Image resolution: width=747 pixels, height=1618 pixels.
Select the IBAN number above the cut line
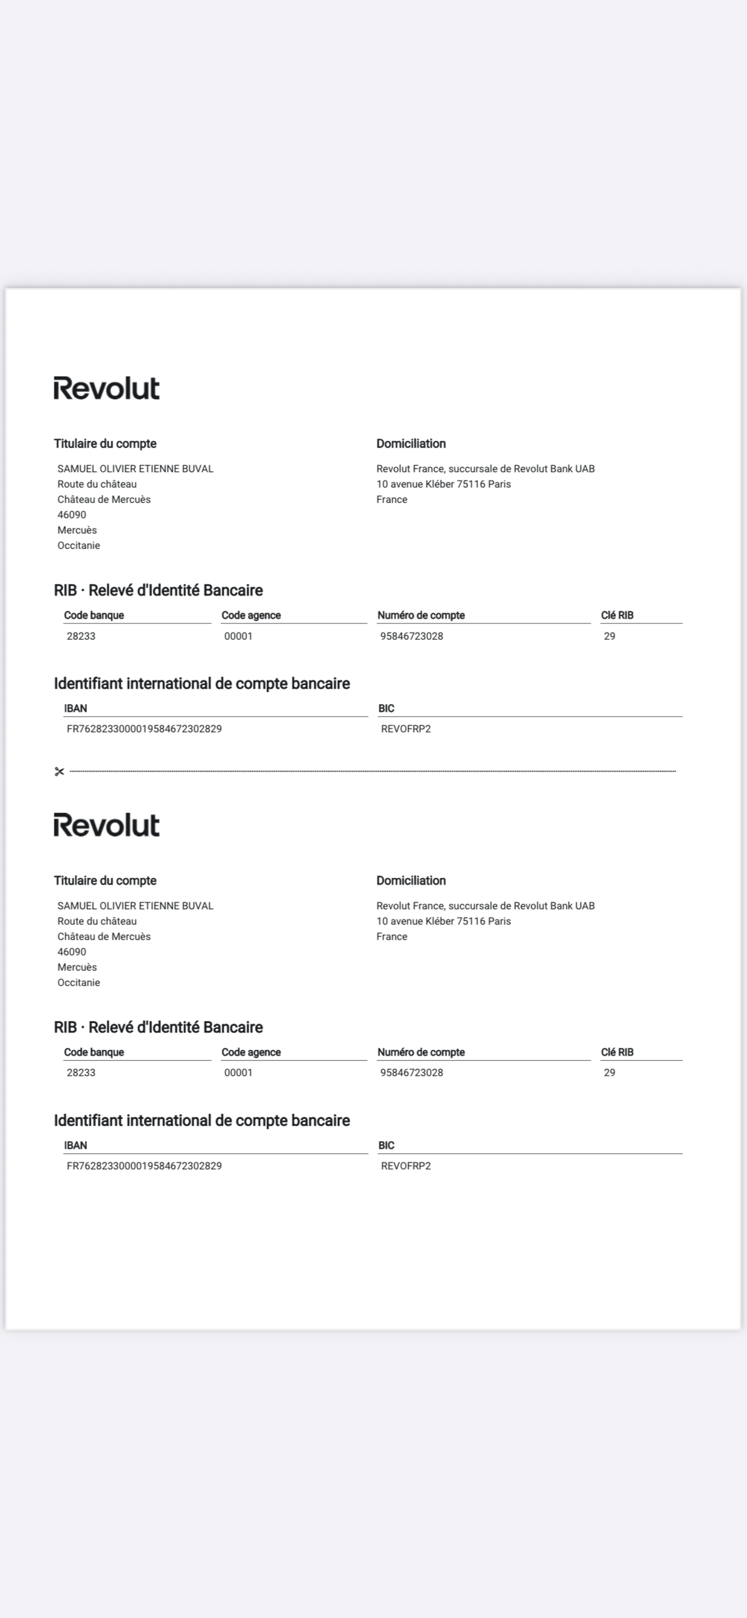coord(144,729)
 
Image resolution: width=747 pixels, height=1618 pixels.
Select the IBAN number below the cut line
coord(144,1166)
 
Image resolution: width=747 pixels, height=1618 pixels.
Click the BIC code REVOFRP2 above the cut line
coord(406,729)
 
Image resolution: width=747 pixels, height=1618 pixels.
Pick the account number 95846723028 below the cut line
coord(411,1072)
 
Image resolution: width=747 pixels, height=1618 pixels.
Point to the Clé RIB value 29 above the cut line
coord(609,636)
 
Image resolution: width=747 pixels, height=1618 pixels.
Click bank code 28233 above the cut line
coord(81,636)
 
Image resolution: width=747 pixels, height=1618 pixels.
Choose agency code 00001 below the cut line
coord(238,1072)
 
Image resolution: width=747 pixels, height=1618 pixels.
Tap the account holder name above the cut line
coord(135,468)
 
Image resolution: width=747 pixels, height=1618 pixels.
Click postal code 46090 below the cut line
coord(72,951)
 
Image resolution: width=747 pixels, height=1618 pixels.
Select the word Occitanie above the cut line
coord(78,545)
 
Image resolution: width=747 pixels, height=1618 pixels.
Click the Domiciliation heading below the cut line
coord(410,881)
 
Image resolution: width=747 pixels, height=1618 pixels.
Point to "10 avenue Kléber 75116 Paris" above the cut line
coord(443,484)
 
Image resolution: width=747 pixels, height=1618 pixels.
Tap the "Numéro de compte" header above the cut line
coord(421,615)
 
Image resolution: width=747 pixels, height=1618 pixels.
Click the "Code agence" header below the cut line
coord(251,1052)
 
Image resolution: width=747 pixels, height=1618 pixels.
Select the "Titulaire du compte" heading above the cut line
coord(105,443)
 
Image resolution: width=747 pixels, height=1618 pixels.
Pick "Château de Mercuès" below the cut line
coord(103,936)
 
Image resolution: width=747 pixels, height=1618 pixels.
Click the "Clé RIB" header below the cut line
coord(616,1052)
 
